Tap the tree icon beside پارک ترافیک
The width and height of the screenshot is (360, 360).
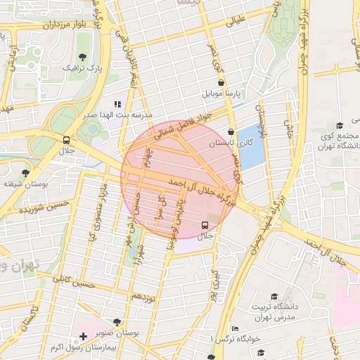pos(84,56)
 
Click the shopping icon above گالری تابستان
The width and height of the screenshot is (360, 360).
pos(231,131)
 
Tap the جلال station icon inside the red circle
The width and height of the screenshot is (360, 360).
pos(205,225)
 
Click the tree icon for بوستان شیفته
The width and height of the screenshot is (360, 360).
pos(26,172)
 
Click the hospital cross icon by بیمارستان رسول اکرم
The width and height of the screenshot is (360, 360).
pos(84,337)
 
